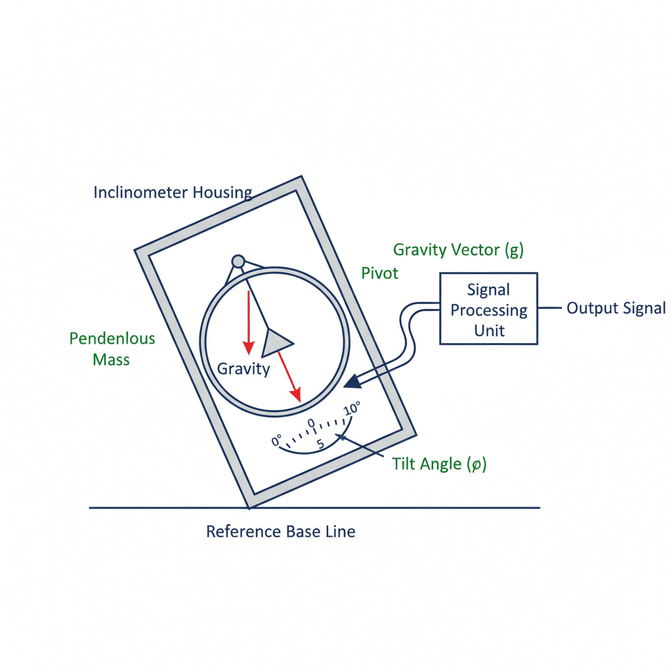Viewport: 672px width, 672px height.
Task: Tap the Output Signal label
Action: pos(616,308)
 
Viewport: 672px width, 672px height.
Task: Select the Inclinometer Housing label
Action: pos(173,192)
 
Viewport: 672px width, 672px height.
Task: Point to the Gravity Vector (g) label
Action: pos(458,249)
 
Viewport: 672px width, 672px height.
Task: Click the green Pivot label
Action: pos(380,273)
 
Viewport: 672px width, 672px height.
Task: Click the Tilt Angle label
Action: pos(439,464)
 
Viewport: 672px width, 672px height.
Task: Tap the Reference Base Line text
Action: pos(280,531)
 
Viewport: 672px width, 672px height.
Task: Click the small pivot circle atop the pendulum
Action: pos(238,261)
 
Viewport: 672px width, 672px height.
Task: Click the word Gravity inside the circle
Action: pos(243,369)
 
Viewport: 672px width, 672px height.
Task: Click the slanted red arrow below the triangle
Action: pos(289,376)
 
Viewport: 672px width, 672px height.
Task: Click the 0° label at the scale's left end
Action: pos(276,440)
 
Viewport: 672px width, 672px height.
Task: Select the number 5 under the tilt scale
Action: pos(320,444)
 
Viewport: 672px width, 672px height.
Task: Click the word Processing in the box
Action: pos(488,310)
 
